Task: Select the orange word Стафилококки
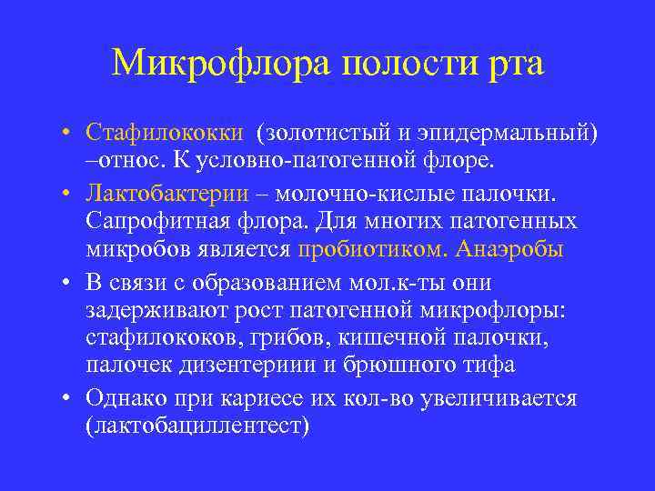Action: [165, 134]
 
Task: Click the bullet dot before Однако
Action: [69, 398]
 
